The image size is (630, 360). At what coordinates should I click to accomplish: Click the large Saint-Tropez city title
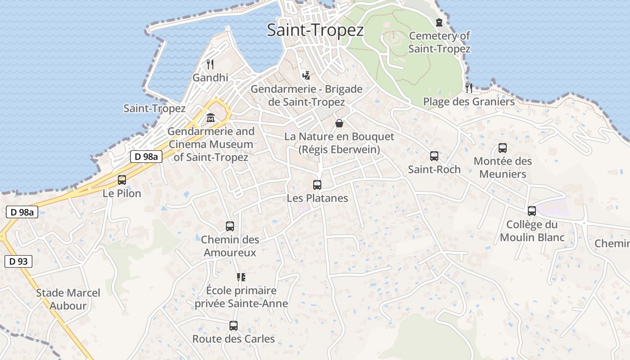[315, 30]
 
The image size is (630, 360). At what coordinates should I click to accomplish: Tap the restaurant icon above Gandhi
[210, 64]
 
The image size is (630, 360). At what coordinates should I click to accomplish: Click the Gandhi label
[210, 78]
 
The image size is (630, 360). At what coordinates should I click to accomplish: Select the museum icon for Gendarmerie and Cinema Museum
[210, 118]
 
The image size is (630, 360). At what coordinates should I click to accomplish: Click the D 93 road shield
[18, 261]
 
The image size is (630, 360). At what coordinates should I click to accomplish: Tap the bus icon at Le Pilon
[122, 180]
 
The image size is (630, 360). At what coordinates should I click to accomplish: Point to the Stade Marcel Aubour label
[68, 299]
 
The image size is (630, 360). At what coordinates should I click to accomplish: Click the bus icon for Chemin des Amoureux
[230, 226]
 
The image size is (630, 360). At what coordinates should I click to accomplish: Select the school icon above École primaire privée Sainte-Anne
[241, 277]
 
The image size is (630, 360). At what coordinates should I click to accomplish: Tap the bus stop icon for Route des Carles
[233, 326]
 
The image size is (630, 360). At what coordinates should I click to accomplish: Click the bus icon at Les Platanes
[317, 185]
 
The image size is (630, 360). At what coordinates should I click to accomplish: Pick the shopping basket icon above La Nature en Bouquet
[339, 123]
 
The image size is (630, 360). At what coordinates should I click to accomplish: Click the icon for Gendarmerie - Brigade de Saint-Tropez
[306, 76]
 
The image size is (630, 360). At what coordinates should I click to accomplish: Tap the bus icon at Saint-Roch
[434, 156]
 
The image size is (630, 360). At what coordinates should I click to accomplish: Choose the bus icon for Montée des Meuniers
[503, 148]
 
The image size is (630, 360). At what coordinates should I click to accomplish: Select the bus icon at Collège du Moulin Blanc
[532, 211]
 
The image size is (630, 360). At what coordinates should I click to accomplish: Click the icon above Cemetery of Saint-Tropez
[439, 22]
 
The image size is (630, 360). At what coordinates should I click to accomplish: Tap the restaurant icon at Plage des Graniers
[469, 88]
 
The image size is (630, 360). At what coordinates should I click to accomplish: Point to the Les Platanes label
[317, 198]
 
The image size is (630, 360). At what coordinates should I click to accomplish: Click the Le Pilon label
[122, 193]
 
